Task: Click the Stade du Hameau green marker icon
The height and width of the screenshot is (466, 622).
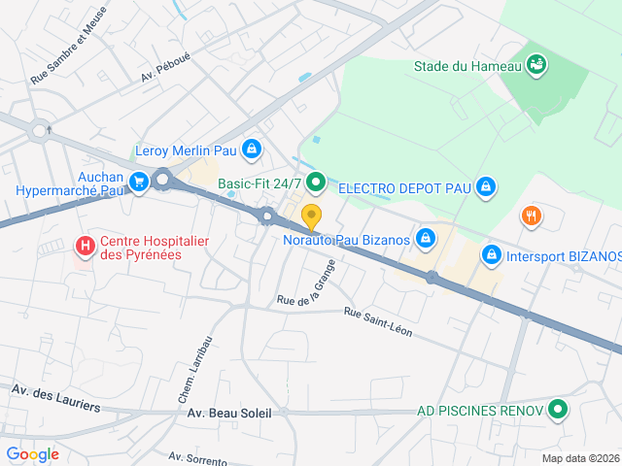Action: [536, 66]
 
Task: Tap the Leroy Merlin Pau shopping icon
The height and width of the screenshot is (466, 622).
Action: [252, 150]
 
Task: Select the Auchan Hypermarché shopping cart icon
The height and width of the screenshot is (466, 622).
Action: [139, 181]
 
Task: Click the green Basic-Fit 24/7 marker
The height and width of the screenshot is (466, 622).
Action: [315, 183]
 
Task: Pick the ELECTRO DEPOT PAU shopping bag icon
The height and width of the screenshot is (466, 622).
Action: [487, 186]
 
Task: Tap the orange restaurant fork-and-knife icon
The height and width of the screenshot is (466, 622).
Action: [531, 216]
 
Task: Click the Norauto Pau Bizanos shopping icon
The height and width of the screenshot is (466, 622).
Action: [425, 238]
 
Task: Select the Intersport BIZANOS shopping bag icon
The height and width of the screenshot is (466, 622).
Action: [492, 255]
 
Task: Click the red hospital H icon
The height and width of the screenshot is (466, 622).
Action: [86, 247]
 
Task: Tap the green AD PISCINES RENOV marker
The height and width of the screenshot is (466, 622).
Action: [557, 410]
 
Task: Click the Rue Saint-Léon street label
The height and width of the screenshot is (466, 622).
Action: [378, 323]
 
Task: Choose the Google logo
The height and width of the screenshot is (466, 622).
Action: [32, 453]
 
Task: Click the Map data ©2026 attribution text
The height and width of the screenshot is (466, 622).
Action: [579, 458]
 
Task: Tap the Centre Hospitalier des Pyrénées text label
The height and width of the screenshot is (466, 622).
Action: [155, 248]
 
